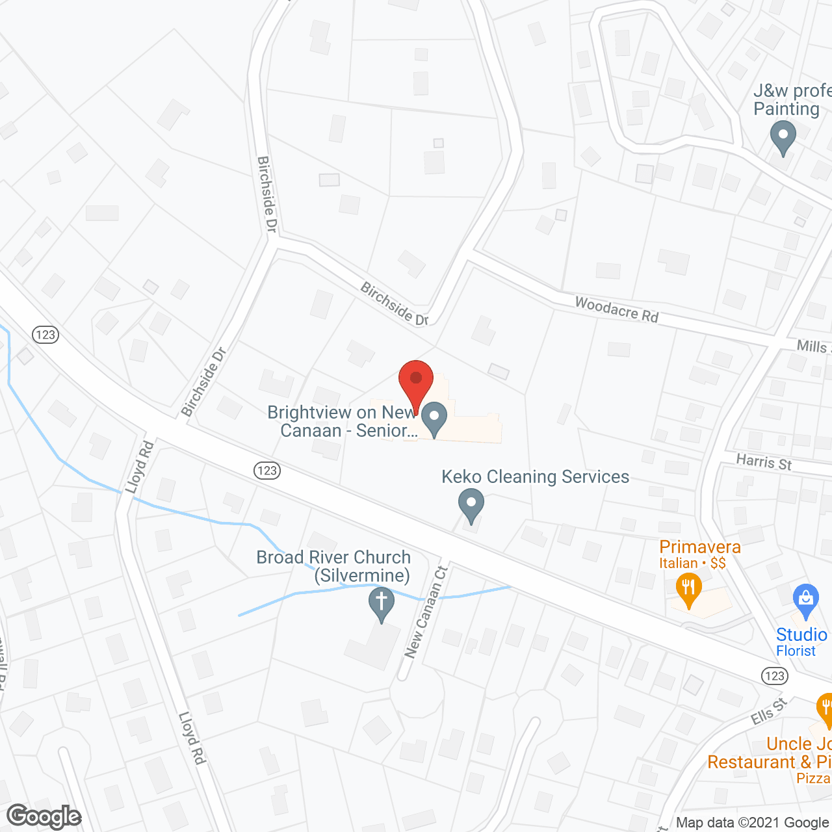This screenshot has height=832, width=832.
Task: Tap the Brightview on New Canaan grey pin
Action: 434,417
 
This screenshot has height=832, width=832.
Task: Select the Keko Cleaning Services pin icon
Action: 471,505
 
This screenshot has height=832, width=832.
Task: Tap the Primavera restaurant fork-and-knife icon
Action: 688,590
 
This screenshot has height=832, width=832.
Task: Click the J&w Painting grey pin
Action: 783,138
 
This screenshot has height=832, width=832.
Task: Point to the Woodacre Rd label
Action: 616,309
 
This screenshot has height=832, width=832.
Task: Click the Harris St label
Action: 764,462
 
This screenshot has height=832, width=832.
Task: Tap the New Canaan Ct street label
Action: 426,612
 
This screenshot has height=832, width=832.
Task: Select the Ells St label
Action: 769,712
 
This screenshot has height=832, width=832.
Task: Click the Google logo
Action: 44,817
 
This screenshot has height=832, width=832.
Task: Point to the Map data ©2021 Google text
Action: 753,823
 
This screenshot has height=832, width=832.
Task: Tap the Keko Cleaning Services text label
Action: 535,477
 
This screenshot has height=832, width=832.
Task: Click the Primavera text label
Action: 699,547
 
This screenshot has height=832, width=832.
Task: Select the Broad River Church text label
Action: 333,566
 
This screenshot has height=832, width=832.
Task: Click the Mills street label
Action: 812,346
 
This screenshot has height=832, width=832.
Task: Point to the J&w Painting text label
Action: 790,99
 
